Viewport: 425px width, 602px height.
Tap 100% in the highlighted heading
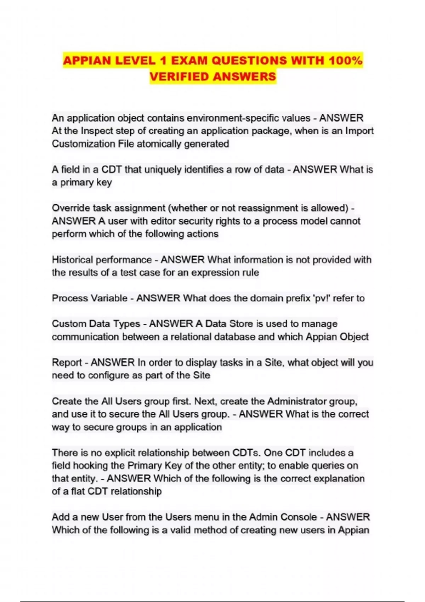point(345,61)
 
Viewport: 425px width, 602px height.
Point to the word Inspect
point(95,131)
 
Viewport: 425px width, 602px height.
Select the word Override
point(70,208)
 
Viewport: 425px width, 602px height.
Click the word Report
point(67,363)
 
